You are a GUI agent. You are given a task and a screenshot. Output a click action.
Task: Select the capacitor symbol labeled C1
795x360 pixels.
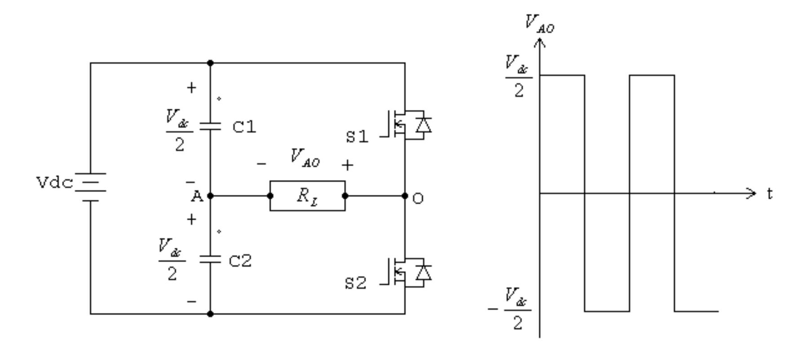tap(210, 126)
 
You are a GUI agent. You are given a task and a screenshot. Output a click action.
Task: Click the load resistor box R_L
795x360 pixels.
tap(307, 196)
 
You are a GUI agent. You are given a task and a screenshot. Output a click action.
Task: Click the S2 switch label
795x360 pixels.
tap(356, 283)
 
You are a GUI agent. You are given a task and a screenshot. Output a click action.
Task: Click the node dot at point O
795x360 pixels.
tap(405, 196)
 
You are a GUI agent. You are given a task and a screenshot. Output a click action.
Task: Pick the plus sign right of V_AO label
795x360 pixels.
tap(347, 165)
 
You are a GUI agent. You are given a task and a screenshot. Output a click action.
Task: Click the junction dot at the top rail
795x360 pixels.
tap(210, 63)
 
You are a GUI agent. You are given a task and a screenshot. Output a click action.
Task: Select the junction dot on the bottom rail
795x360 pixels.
tap(210, 314)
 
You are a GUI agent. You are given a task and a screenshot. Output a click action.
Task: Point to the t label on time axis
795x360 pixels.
tap(770, 194)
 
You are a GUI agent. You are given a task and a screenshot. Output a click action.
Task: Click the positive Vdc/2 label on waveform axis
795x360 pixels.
tap(518, 77)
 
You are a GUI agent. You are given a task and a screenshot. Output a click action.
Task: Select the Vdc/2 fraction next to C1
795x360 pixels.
tap(179, 131)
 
